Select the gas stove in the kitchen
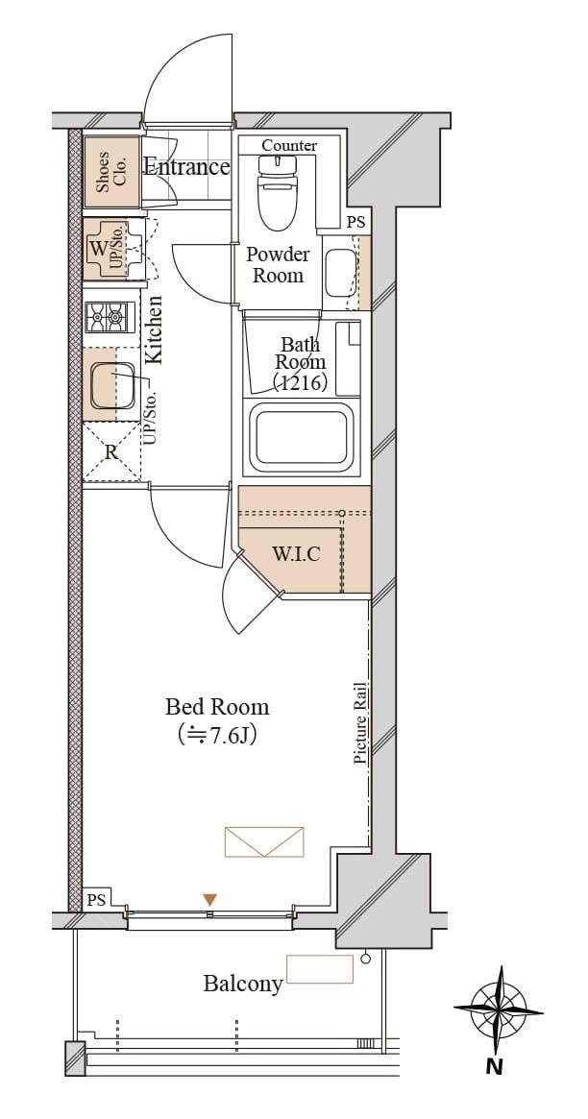click(x=110, y=317)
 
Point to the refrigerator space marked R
click(x=110, y=451)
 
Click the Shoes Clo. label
click(x=110, y=172)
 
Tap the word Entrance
click(x=187, y=168)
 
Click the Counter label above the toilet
click(x=289, y=146)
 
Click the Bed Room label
click(x=218, y=707)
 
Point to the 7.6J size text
click(x=218, y=735)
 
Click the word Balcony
click(x=243, y=985)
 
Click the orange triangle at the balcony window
click(x=209, y=900)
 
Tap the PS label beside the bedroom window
click(x=96, y=900)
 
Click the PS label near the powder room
click(x=355, y=223)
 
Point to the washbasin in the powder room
click(x=341, y=273)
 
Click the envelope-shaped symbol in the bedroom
click(x=264, y=841)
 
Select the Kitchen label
click(x=154, y=330)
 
